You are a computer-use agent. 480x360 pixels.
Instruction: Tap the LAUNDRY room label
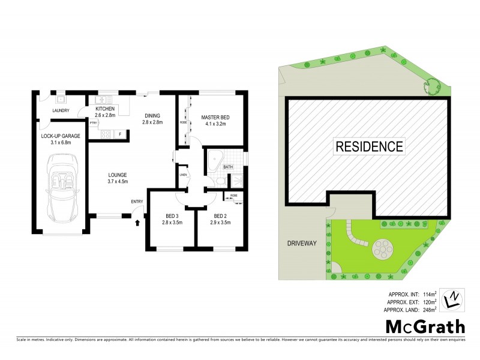click(x=61, y=110)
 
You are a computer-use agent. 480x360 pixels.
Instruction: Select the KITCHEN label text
click(x=105, y=109)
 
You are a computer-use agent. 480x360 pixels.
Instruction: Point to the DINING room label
click(x=152, y=115)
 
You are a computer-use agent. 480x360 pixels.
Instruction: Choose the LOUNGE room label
click(x=118, y=175)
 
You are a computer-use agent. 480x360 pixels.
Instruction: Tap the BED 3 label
click(x=173, y=216)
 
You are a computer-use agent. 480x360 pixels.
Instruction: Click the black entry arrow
click(x=138, y=223)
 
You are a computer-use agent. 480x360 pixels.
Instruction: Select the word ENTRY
click(x=137, y=202)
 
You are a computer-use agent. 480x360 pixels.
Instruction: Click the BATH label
click(x=228, y=167)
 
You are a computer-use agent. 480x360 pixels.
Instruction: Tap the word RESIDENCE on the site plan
click(x=368, y=145)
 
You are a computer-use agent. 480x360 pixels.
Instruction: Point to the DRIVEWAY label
click(x=301, y=244)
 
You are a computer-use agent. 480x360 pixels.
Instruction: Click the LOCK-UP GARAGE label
click(x=61, y=136)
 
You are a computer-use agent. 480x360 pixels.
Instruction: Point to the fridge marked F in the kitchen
click(x=121, y=133)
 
